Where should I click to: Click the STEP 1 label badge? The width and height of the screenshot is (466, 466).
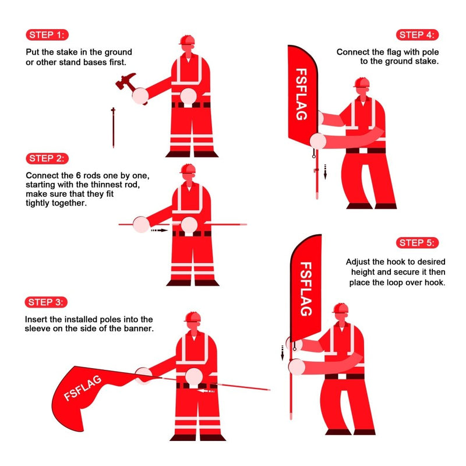pos(47,34)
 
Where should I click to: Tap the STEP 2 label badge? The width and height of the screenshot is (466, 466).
pos(47,158)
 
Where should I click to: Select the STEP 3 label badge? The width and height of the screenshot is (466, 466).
pos(47,302)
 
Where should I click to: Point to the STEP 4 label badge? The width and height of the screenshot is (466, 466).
pos(418,34)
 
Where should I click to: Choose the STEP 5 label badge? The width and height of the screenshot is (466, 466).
pos(418,243)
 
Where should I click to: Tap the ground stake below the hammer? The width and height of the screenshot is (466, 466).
pos(113,126)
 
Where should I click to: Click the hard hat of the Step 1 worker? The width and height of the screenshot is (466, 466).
pos(187,40)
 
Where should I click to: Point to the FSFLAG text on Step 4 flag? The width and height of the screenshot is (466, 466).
pos(301,95)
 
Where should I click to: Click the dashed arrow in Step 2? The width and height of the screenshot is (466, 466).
pos(158,231)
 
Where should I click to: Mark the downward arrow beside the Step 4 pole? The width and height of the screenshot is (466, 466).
pos(326,171)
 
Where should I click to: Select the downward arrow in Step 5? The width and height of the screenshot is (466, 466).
pos(283,352)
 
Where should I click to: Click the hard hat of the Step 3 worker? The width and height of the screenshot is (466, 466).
pos(192,317)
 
